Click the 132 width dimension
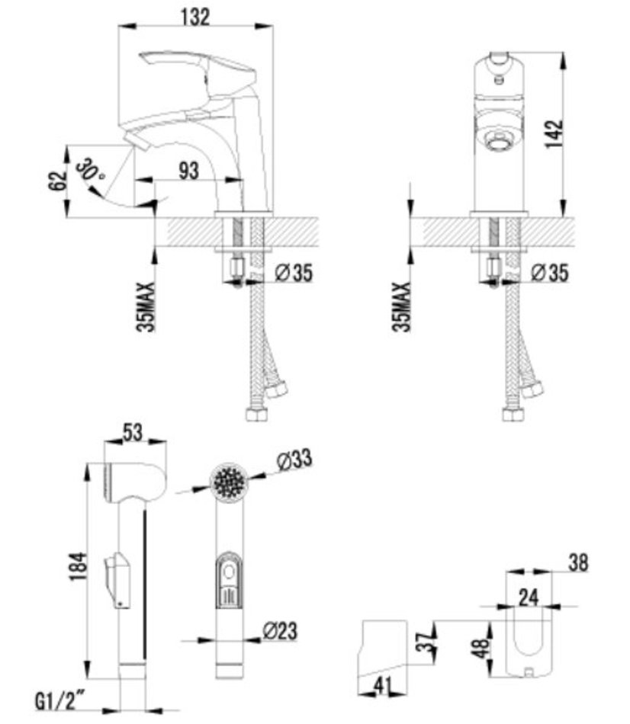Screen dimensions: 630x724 click(195, 17)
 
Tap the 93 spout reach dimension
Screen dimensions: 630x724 click(189, 171)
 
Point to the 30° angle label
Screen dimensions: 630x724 click(90, 170)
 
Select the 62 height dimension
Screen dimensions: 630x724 click(57, 181)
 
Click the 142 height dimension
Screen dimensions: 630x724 click(554, 134)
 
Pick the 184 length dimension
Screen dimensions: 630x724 click(78, 566)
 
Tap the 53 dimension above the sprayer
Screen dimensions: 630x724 click(133, 433)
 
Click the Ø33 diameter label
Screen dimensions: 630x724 click(294, 460)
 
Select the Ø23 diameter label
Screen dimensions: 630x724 click(280, 631)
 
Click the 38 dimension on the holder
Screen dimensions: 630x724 click(578, 563)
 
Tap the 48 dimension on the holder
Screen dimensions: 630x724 click(481, 649)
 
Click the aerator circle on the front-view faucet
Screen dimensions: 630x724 click(498, 139)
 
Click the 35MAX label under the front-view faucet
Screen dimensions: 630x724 click(402, 306)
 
